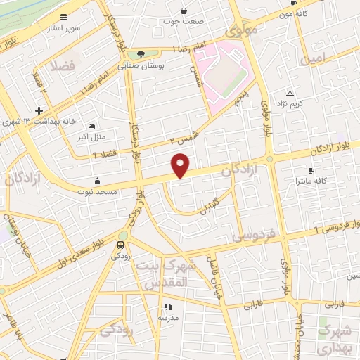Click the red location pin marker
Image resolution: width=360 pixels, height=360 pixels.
point(181,165)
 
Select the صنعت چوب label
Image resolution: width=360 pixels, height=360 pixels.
point(184,21)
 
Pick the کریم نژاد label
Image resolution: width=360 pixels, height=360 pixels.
point(307,104)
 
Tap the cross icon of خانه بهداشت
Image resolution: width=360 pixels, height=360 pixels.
point(39,110)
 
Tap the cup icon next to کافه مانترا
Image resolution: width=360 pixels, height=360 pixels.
point(310,170)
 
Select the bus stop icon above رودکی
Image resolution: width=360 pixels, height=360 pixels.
point(121,245)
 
